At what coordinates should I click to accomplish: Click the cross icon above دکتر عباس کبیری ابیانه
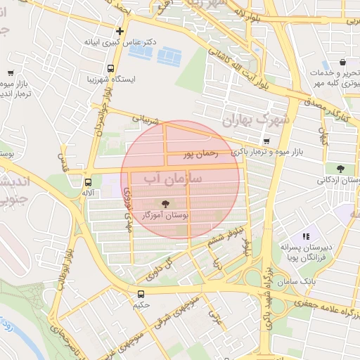coord(120,31)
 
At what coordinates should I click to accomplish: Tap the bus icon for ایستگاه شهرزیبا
coord(110,69)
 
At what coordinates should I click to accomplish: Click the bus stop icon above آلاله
coord(87,181)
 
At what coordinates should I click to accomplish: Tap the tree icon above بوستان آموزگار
coord(165,203)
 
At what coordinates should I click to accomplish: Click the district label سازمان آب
coord(173,180)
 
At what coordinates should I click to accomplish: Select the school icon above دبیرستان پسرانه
coord(305,237)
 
